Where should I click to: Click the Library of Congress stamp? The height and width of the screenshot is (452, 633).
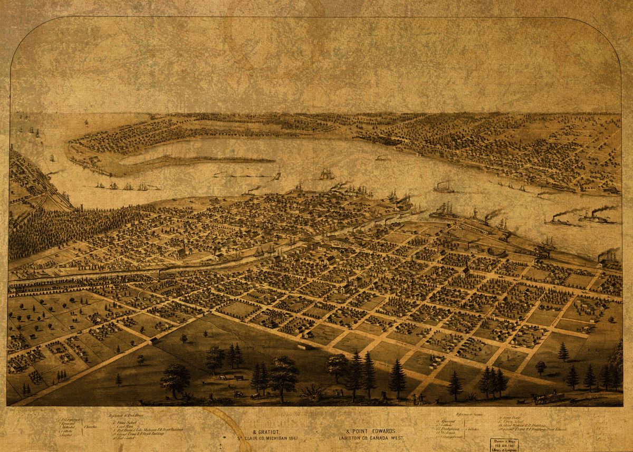(x=503, y=445)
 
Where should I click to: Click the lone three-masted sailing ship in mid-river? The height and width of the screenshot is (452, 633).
(x=326, y=174)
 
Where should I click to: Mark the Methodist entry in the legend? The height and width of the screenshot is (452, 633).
(x=69, y=426)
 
